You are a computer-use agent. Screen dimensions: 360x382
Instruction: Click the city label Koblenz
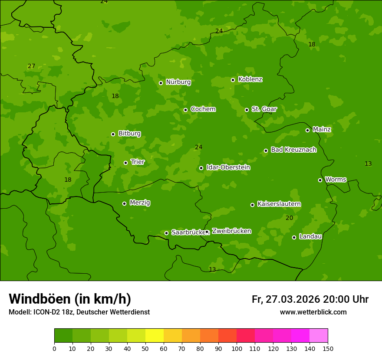(250, 79)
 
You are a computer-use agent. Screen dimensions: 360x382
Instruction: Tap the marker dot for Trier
(125, 163)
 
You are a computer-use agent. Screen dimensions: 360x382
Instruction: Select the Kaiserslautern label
(279, 204)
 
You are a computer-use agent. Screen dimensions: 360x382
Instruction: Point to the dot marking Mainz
(307, 130)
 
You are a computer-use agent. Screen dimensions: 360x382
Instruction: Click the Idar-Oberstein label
(228, 167)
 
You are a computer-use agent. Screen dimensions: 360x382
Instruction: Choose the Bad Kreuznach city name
(293, 150)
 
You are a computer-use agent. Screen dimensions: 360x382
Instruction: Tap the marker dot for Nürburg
(161, 83)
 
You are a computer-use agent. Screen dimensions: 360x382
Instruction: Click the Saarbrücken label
(188, 232)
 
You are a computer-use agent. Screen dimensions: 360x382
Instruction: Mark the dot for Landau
(294, 237)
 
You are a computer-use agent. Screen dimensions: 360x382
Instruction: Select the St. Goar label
(264, 109)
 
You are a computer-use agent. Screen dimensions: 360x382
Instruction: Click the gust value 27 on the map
(31, 66)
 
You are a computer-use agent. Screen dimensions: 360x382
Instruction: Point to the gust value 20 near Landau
(289, 218)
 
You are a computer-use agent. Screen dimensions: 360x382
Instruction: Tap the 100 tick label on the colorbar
(237, 348)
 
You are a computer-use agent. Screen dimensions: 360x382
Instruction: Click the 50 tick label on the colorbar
(145, 348)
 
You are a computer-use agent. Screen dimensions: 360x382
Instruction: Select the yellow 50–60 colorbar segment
(155, 336)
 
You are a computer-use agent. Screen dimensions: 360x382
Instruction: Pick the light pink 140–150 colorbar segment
(319, 336)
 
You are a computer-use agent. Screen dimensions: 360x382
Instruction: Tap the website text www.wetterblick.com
(313, 312)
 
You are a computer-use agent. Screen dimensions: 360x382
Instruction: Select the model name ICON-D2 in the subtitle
(46, 312)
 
